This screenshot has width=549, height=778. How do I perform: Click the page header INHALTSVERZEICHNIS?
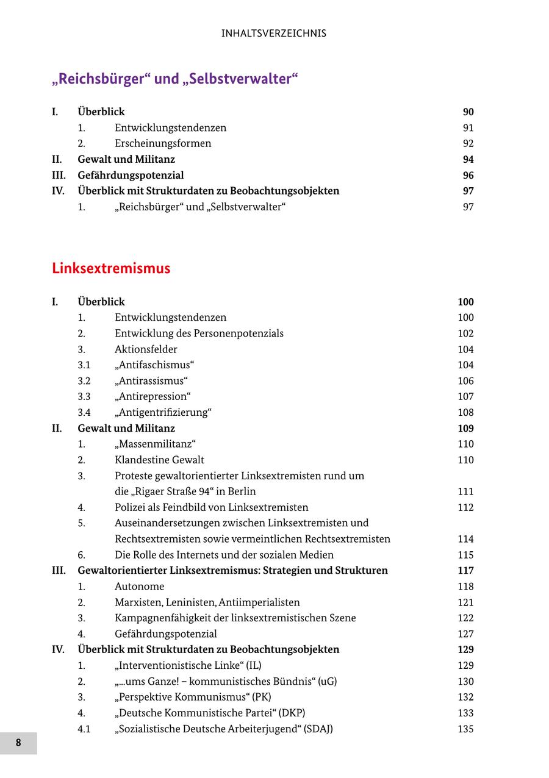pos(274,34)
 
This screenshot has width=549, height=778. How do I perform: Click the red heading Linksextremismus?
pos(111,268)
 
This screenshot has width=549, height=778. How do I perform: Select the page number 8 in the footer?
pos(18,743)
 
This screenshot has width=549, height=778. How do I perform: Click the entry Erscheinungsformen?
pos(163,144)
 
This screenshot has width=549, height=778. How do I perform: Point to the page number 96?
pos(468,176)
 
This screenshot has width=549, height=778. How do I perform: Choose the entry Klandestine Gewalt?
pos(159,460)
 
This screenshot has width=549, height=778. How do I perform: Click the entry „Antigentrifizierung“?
pos(163,413)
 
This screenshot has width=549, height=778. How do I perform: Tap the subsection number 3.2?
pos(84,381)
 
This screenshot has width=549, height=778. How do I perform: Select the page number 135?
pos(465,729)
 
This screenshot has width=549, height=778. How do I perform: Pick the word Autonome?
pos(139,587)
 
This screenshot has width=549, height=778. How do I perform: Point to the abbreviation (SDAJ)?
pos(318,729)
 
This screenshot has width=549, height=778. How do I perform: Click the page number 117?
pos(465,571)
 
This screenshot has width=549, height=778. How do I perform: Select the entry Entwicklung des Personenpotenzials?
pos(199,334)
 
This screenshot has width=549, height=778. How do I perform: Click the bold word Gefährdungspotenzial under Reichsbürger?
pos(131,176)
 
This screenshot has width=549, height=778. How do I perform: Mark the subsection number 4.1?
pos(84,729)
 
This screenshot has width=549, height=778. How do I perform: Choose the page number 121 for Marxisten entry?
pos(465,602)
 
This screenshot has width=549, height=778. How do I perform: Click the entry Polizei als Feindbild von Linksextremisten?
pos(211,507)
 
